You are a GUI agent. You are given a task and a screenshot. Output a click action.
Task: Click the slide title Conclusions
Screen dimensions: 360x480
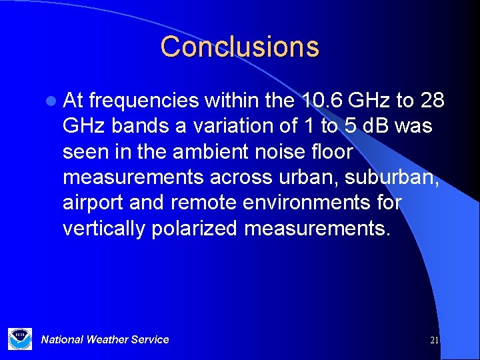[x=239, y=47]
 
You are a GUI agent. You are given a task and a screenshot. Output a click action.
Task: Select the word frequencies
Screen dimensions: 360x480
[x=143, y=101]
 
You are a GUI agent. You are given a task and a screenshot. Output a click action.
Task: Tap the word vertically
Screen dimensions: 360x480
[x=104, y=228]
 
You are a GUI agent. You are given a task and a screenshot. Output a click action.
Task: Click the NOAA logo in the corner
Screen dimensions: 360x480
[x=19, y=339]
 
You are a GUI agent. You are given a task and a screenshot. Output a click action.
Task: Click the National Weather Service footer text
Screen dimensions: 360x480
[x=105, y=339]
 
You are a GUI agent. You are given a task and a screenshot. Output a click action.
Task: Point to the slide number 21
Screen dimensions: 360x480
[x=434, y=340]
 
